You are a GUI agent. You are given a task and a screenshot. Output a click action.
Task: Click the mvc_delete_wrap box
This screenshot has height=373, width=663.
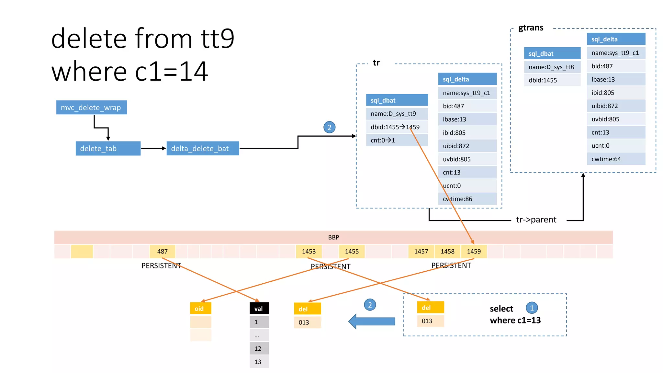pyautogui.click(x=91, y=107)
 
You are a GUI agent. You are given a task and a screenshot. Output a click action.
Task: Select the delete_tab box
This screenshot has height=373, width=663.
pyautogui.click(x=108, y=149)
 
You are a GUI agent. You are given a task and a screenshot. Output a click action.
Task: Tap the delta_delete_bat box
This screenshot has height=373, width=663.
pyautogui.click(x=203, y=149)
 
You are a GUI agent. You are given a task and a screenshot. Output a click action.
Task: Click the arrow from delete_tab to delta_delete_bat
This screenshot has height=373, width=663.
pyautogui.click(x=153, y=148)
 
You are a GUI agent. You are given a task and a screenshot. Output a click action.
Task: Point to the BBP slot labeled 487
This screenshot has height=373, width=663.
pyautogui.click(x=162, y=251)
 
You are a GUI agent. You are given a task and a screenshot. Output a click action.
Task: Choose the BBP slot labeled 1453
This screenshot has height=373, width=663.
pyautogui.click(x=309, y=251)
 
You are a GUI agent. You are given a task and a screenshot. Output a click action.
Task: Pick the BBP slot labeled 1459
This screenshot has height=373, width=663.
pyautogui.click(x=474, y=251)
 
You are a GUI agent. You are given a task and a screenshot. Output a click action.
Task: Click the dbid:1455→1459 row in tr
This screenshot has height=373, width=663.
pyautogui.click(x=397, y=127)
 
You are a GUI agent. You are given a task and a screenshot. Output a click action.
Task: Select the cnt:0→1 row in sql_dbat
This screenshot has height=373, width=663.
pyautogui.click(x=397, y=140)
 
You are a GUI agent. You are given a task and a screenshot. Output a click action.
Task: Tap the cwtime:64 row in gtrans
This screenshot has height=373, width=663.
pyautogui.click(x=616, y=159)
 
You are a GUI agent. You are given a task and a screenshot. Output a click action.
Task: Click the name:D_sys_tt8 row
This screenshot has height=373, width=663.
pyautogui.click(x=552, y=67)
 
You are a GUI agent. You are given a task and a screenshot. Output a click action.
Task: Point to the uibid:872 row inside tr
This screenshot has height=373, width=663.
pyautogui.click(x=467, y=146)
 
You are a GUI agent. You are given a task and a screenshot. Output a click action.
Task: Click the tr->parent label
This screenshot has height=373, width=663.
pyautogui.click(x=536, y=220)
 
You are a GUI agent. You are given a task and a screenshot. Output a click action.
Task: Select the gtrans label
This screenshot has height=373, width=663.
pyautogui.click(x=531, y=28)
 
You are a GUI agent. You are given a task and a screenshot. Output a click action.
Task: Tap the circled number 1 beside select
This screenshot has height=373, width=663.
pyautogui.click(x=532, y=308)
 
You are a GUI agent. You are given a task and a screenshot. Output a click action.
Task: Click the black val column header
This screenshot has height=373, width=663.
pyautogui.click(x=259, y=309)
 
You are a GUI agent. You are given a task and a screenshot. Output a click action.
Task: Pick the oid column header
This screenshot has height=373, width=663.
pyautogui.click(x=200, y=309)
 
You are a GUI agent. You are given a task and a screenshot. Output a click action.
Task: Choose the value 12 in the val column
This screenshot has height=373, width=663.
pyautogui.click(x=259, y=348)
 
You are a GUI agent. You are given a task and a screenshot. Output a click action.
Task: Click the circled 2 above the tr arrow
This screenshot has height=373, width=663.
pyautogui.click(x=329, y=127)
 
